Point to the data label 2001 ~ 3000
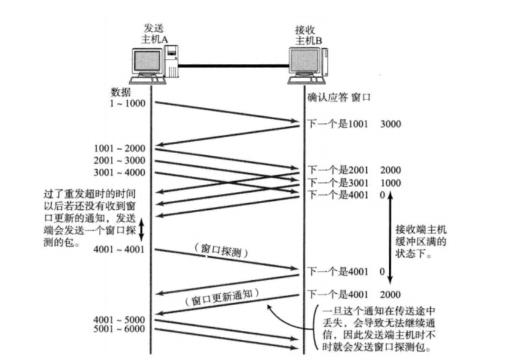point(119,160)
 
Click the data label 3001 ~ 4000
point(119,172)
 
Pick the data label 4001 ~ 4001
point(119,250)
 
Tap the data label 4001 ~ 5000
point(119,319)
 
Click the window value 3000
point(391,125)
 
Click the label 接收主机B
point(309,35)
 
